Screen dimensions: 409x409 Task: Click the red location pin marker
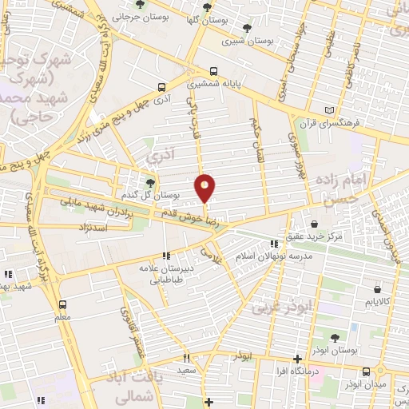pyautogui.click(x=205, y=187)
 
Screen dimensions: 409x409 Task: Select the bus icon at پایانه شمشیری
pyautogui.click(x=212, y=70)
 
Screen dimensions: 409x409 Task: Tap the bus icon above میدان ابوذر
pyautogui.click(x=366, y=371)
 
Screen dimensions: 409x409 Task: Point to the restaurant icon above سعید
pyautogui.click(x=186, y=359)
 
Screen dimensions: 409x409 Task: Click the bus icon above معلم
pyautogui.click(x=63, y=304)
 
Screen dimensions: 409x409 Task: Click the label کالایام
pyautogui.click(x=376, y=302)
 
